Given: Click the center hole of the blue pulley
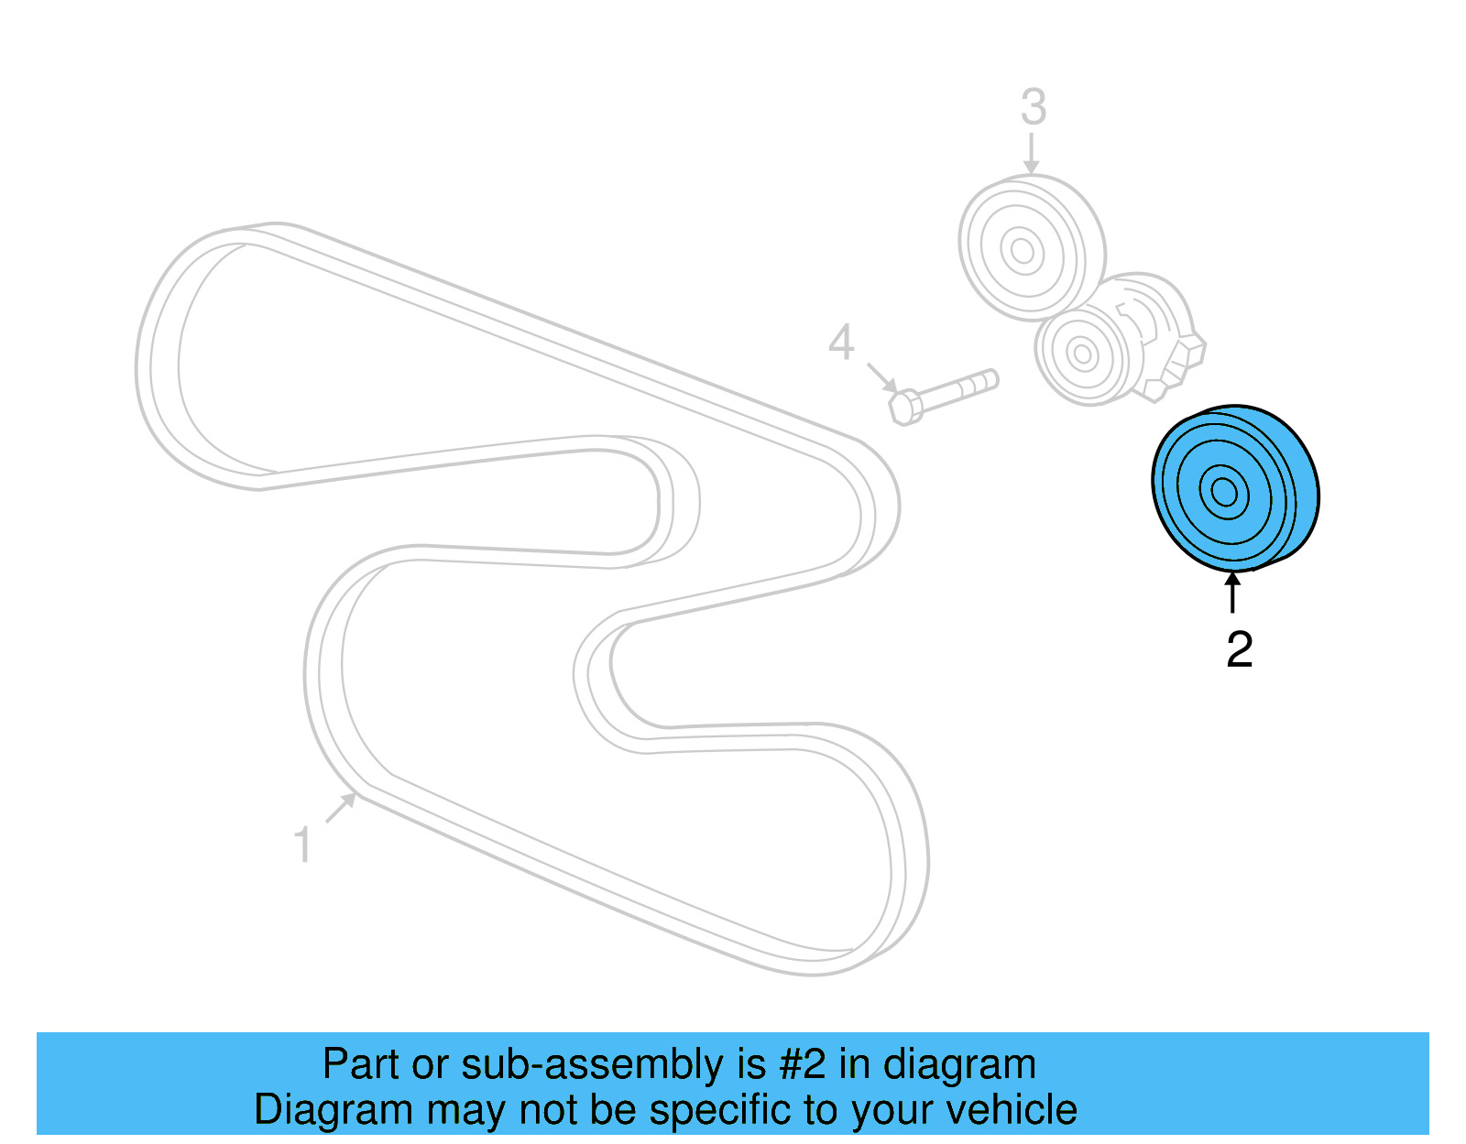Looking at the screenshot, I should pos(1224,492).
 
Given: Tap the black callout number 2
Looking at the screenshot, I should pos(1239,649).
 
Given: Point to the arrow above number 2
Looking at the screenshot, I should pos(1233,591).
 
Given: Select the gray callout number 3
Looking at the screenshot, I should pos(1033,108).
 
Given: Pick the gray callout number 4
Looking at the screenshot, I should pos(841,343).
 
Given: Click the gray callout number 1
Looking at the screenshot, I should pos(302,844).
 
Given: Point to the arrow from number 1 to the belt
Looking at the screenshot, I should pos(340,808).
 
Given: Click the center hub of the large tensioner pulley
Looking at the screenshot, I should pos(1021,250).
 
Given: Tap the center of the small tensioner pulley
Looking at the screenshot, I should pos(1082,354).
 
